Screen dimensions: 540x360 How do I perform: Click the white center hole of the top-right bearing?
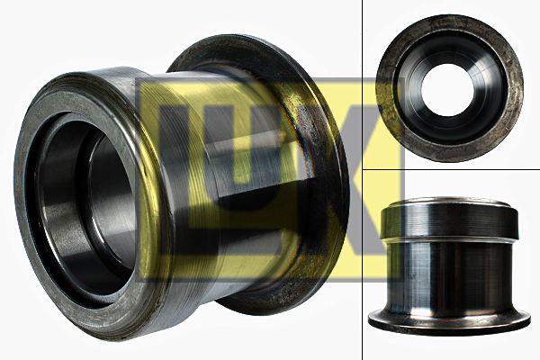(447, 90)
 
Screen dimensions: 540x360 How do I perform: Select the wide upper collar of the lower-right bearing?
(449, 220)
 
